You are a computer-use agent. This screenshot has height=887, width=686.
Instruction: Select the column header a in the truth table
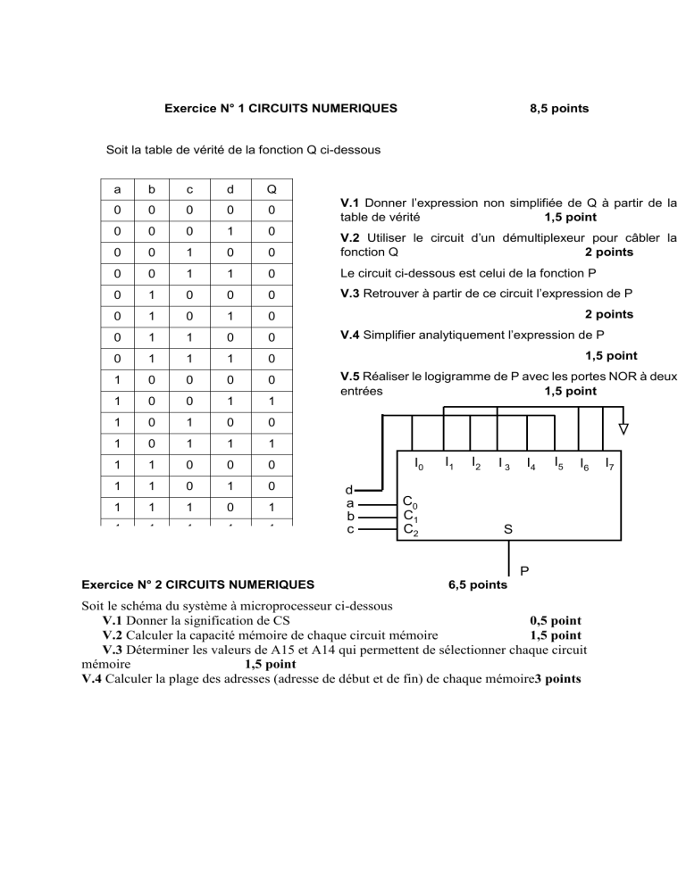pyautogui.click(x=116, y=188)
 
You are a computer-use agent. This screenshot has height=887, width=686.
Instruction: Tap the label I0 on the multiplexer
pyautogui.click(x=418, y=463)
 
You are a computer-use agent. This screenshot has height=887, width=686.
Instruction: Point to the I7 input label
pyautogui.click(x=608, y=463)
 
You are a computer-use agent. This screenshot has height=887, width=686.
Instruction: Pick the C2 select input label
pyautogui.click(x=409, y=529)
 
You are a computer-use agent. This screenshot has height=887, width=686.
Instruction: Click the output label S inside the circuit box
pyautogui.click(x=507, y=529)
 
